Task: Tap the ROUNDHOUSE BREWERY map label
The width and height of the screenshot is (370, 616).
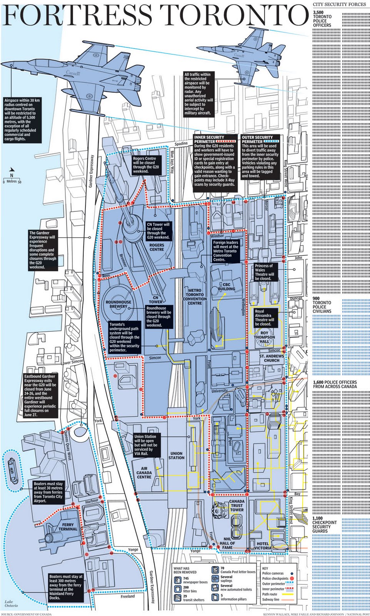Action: click(x=118, y=304)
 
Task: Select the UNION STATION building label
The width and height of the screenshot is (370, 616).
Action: click(x=177, y=455)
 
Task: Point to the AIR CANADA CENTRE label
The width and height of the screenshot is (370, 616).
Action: click(x=144, y=472)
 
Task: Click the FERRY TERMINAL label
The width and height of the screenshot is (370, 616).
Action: click(x=68, y=527)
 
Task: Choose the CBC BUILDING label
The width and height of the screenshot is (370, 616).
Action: click(x=226, y=286)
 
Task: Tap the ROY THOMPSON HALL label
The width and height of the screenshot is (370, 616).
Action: click(x=264, y=337)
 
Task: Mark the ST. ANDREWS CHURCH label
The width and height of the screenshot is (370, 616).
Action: click(x=272, y=358)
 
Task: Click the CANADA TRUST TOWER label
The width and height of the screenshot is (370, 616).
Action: click(x=237, y=506)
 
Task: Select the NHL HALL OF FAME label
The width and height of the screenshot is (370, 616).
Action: click(x=227, y=543)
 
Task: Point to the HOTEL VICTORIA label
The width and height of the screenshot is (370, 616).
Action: click(x=263, y=546)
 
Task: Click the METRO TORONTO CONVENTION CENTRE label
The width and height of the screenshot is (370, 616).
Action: click(x=195, y=296)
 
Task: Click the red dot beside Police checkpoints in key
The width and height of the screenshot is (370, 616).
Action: click(x=292, y=578)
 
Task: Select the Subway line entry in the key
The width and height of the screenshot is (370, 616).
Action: click(x=271, y=599)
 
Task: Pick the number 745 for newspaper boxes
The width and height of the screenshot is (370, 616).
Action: click(x=186, y=578)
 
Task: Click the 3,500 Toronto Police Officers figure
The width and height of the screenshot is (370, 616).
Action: click(x=322, y=19)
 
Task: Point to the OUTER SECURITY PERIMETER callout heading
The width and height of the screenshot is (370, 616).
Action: click(x=257, y=139)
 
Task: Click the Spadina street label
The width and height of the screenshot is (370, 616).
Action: click(x=181, y=144)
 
